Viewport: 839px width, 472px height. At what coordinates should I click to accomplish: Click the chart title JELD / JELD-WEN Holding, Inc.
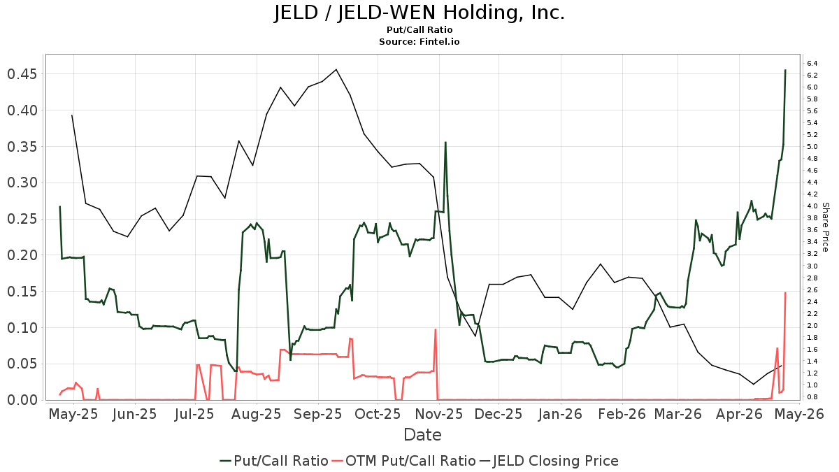(x=419, y=13)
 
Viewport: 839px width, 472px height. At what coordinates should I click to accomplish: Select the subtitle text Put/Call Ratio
(x=419, y=30)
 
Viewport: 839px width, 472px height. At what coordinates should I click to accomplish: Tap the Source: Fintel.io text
(x=419, y=41)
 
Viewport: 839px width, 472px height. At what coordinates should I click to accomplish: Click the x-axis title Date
(x=422, y=435)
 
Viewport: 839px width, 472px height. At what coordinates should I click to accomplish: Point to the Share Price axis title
(x=825, y=227)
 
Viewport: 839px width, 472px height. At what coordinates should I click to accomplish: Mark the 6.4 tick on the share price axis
(x=812, y=64)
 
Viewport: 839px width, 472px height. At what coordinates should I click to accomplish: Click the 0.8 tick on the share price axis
(x=812, y=397)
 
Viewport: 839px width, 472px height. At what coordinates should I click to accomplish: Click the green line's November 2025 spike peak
(x=445, y=143)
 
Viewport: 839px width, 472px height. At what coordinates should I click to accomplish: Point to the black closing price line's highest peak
(x=336, y=69)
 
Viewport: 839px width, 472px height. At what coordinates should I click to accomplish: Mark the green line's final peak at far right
(x=785, y=70)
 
